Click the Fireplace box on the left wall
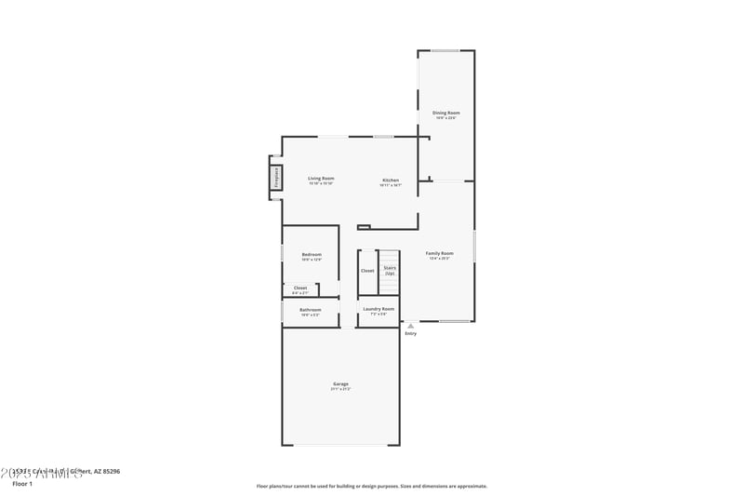click(x=276, y=178)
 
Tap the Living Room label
click(x=321, y=179)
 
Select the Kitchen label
click(x=391, y=180)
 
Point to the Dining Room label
click(x=445, y=113)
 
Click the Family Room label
click(x=439, y=253)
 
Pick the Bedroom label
click(x=312, y=254)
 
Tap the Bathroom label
click(x=310, y=310)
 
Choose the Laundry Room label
click(x=379, y=308)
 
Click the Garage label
click(x=340, y=383)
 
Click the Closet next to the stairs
click(x=367, y=271)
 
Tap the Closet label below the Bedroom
click(x=300, y=288)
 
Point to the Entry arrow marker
click(x=410, y=326)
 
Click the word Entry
click(x=410, y=333)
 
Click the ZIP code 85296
click(x=110, y=471)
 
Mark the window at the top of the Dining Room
click(x=445, y=50)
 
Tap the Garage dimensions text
click(x=340, y=389)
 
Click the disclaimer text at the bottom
click(x=371, y=486)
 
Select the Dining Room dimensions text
click(x=445, y=118)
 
